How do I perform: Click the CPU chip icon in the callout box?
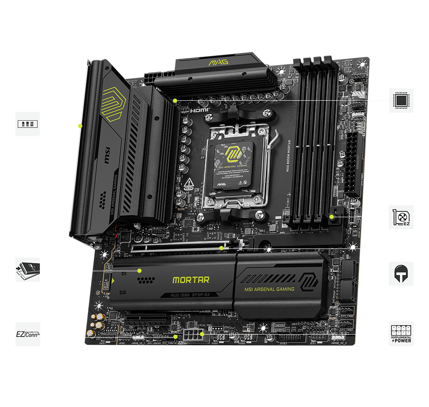(401, 100)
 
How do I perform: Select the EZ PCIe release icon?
(401, 217)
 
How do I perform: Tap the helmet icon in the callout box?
(401, 273)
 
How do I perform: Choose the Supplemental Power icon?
(401, 333)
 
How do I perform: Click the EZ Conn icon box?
(28, 334)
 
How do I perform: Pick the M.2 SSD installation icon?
(28, 269)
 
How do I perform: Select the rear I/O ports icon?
(28, 124)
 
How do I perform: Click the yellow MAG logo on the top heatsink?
(218, 63)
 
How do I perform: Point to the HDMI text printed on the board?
(200, 110)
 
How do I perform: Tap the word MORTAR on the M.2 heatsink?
(191, 280)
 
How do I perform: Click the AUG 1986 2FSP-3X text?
(190, 296)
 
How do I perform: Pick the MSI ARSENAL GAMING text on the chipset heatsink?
(269, 289)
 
